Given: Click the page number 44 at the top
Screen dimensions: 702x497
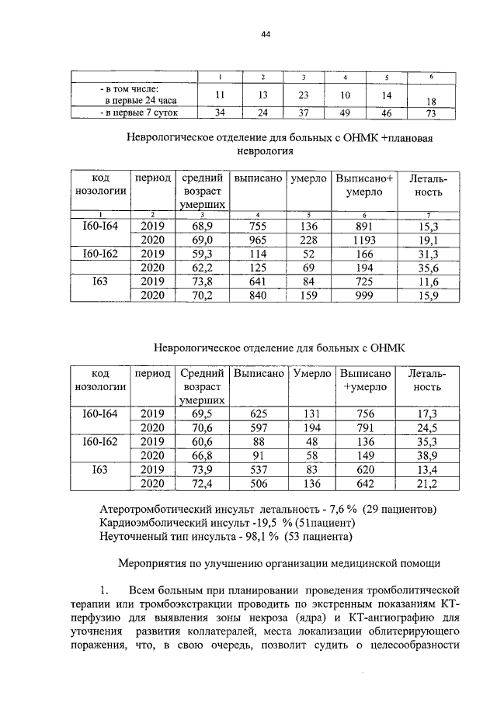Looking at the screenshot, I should click(265, 35).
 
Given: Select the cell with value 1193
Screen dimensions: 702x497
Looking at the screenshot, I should click(363, 240).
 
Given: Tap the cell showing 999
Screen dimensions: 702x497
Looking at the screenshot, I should click(363, 296).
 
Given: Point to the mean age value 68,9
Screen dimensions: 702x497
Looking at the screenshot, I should click(203, 226).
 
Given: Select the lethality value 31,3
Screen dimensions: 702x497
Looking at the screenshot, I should click(428, 254).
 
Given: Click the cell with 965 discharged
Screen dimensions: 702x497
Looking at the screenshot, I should click(257, 240).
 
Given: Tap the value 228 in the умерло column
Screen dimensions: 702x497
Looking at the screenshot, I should click(308, 240).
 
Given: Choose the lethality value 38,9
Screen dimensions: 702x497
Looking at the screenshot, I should click(428, 455).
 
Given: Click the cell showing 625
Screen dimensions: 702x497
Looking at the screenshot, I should click(257, 413).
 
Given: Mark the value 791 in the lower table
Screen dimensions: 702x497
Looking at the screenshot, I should click(365, 427).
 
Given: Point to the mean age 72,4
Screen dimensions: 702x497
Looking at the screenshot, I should click(203, 484).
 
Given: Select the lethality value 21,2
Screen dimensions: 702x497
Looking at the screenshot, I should click(428, 484).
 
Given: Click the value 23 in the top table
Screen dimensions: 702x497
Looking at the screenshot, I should click(304, 95).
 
